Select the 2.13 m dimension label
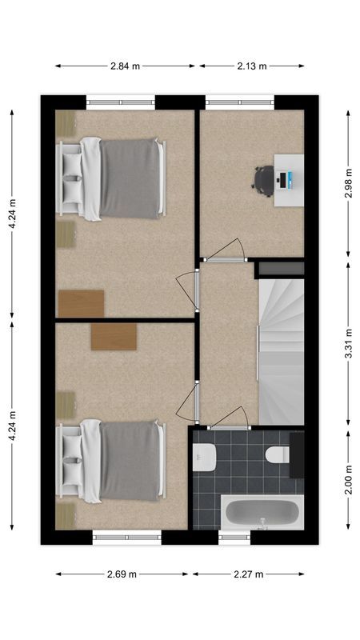pyautogui.click(x=250, y=66)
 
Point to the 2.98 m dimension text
pyautogui.click(x=347, y=183)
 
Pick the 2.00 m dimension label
pyautogui.click(x=347, y=481)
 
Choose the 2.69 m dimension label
pyautogui.click(x=122, y=574)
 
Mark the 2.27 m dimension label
pyautogui.click(x=249, y=574)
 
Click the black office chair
pyautogui.click(x=263, y=180)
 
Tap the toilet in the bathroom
pyautogui.click(x=277, y=455)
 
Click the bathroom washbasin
pyautogui.click(x=205, y=457)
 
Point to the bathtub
pyautogui.click(x=262, y=513)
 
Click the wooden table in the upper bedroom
pyautogui.click(x=81, y=303)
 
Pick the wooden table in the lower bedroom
pyautogui.click(x=114, y=336)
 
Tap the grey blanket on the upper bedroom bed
pyautogui.click(x=130, y=178)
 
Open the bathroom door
pyautogui.click(x=230, y=419)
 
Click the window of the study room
pyautogui.click(x=239, y=102)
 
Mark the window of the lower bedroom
pyautogui.click(x=126, y=538)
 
